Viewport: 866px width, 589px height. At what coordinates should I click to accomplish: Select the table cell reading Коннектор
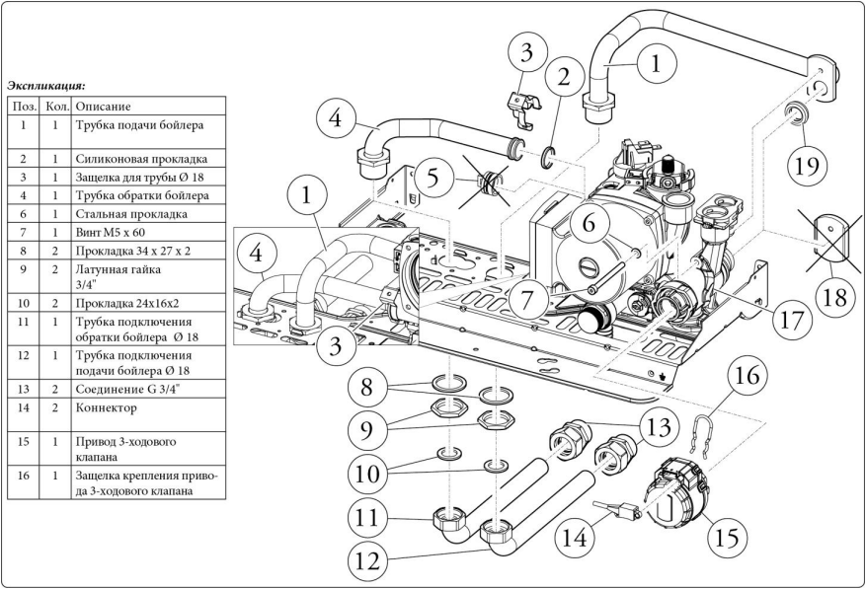103,406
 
